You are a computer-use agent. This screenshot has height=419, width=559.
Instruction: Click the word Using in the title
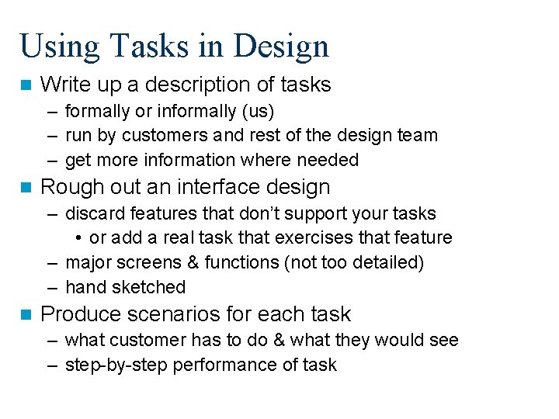pos(53,47)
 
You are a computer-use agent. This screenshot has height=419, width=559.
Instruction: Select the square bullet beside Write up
pos(26,84)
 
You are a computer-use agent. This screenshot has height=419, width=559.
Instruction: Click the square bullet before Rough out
pos(26,187)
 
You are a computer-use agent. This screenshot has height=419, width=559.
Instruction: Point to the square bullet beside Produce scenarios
pos(26,314)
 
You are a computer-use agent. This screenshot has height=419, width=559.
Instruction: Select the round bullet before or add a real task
pos(80,237)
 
